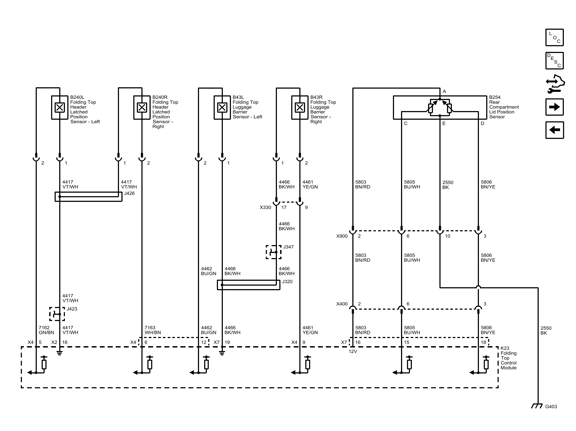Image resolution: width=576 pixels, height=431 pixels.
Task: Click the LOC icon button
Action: pos(554,37)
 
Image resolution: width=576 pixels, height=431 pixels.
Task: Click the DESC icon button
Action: pos(554,61)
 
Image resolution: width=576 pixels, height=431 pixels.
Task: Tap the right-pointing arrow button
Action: pos(554,107)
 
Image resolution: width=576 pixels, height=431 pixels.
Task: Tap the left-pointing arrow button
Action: pos(554,130)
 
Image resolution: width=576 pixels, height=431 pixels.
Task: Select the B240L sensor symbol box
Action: pos(59,107)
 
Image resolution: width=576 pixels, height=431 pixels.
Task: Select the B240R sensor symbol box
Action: pos(142,107)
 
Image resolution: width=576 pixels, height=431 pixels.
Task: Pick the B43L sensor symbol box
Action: pos(222,107)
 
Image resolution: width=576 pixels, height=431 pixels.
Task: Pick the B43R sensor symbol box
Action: pos(300,107)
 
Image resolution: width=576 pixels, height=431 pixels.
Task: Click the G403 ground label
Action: pos(551,406)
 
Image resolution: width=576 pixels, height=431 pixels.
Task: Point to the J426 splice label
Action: pos(129,193)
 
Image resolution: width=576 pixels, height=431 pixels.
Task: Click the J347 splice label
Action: pos(288,247)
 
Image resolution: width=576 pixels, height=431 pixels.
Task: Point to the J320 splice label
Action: pos(287,281)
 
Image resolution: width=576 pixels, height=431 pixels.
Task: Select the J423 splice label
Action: pos(72,309)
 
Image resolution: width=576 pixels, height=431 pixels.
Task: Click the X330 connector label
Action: pos(265,207)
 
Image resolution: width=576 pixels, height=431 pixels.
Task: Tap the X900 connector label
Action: pos(342,236)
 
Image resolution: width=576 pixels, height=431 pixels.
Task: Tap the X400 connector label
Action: pos(342,304)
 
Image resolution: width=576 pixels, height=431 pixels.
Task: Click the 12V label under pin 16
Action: pos(353,351)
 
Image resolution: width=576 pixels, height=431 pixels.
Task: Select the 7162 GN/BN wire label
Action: pos(46,330)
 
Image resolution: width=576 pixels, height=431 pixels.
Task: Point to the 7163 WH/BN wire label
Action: pos(153,330)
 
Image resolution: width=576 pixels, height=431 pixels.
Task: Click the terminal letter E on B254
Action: pos(444,123)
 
